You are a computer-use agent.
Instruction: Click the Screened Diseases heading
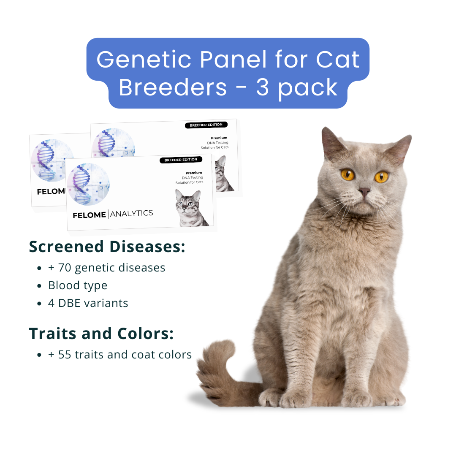107,247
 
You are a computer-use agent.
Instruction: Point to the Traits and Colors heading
101,334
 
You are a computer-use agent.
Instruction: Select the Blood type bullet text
78,285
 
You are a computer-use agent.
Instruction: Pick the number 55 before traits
65,355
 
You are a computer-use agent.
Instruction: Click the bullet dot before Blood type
39,286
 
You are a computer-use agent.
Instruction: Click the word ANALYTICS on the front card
132,214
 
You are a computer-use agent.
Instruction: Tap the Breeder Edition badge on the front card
181,160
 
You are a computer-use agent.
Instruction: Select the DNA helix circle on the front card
88,184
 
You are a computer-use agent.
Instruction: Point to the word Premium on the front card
194,173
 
